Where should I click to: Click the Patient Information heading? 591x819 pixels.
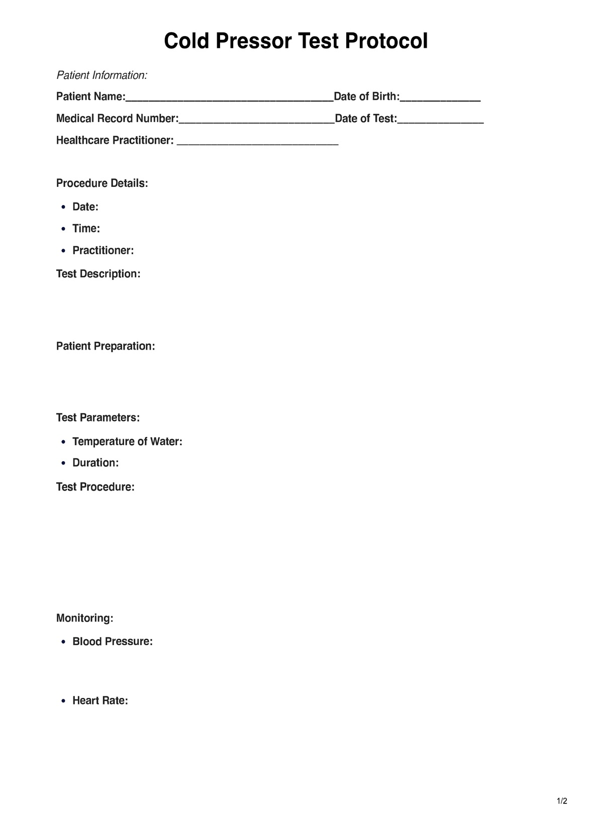[x=102, y=75]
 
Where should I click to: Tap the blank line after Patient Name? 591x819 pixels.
[x=229, y=99]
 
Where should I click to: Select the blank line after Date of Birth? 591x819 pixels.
[x=440, y=99]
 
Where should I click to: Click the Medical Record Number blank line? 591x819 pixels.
[x=256, y=121]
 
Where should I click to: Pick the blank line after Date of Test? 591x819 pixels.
[x=440, y=121]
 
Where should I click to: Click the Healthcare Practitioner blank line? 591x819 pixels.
[x=258, y=143]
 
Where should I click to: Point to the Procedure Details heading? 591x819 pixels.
[x=102, y=183]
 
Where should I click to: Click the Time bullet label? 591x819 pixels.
[x=86, y=229]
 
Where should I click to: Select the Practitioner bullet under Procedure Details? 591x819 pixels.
[x=103, y=250]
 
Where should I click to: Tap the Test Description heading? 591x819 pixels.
[x=98, y=274]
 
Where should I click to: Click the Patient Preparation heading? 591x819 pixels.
[x=106, y=346]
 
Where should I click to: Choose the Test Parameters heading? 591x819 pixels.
[x=98, y=418]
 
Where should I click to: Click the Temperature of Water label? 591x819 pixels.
[x=127, y=442]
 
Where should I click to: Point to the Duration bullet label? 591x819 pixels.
[x=95, y=463]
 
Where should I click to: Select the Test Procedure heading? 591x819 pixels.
[x=95, y=487]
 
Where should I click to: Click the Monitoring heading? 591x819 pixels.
[x=84, y=618]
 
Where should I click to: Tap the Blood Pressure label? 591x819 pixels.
[x=113, y=642]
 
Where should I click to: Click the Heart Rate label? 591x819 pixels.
[x=100, y=700]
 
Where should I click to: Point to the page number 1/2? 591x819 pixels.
[x=562, y=801]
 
